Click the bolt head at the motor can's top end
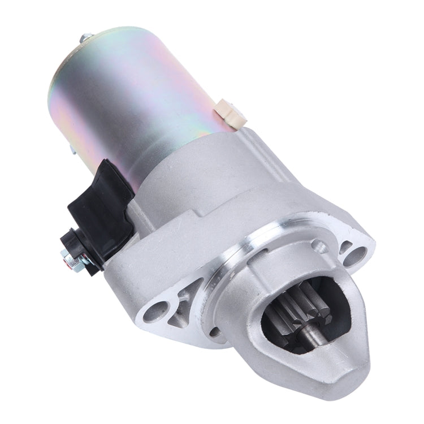tap(86, 38)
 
